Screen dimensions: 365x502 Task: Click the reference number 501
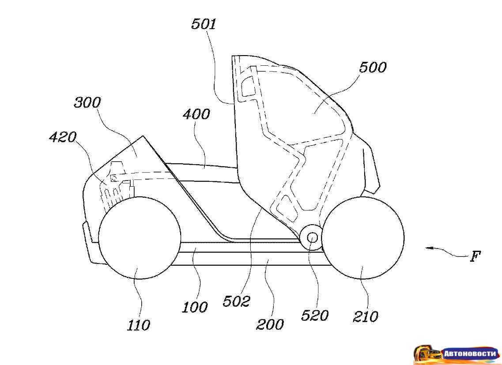coord(204,24)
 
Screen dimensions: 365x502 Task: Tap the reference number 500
coord(372,68)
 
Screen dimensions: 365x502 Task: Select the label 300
coord(87,103)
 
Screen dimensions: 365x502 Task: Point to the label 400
coord(196,114)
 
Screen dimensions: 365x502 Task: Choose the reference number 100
coord(195,306)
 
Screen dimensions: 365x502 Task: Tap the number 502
coord(237,301)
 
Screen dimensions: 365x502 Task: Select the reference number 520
coord(315,316)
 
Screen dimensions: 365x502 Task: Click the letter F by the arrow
coord(475,256)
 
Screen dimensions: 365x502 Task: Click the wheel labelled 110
coord(140,238)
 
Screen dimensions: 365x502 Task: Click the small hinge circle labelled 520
coord(312,238)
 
